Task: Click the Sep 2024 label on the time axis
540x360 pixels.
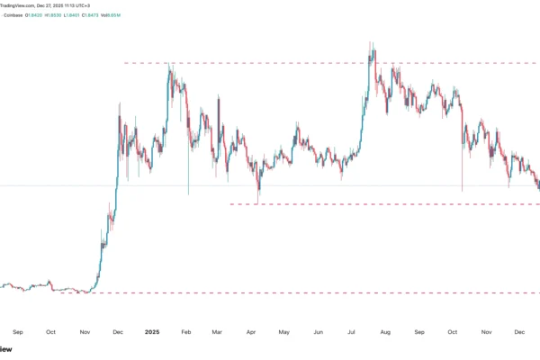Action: (x=19, y=331)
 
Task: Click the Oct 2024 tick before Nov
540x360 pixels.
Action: (x=51, y=331)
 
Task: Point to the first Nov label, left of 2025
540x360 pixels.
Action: (x=85, y=331)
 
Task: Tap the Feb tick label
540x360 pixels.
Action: (x=185, y=331)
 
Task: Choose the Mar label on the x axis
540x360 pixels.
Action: (x=217, y=331)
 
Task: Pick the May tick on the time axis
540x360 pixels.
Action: (x=283, y=331)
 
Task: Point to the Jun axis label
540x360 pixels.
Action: (x=318, y=331)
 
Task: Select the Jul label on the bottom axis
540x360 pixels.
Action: (x=350, y=331)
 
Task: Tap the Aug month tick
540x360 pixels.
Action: (x=384, y=331)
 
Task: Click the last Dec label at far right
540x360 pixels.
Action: (x=519, y=331)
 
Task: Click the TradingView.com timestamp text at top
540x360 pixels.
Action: (x=45, y=4)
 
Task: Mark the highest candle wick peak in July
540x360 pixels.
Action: (x=370, y=42)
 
